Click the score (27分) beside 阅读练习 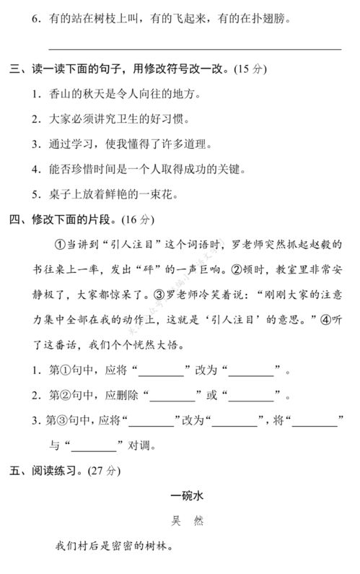coord(101,471)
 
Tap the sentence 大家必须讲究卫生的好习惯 coord(113,119)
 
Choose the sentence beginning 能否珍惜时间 coord(133,169)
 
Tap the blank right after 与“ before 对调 coord(94,445)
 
